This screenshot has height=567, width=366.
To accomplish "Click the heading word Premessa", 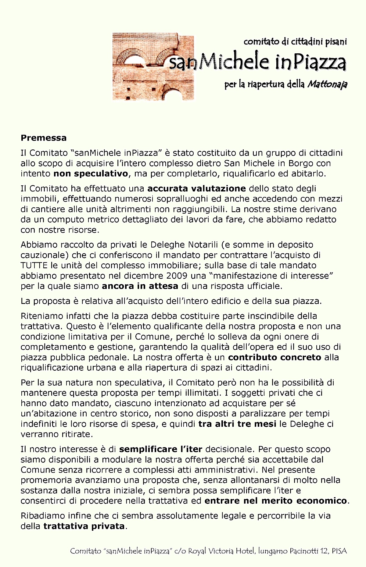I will click(44, 138).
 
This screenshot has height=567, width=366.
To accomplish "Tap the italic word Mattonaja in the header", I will click(327, 84).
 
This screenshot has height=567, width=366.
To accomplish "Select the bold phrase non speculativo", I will click(91, 174).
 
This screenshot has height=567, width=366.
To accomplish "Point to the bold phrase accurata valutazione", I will click(196, 189).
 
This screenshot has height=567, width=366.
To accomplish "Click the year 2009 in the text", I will click(177, 276).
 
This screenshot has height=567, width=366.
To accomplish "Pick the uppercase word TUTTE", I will click(34, 266).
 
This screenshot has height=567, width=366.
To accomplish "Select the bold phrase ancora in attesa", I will click(140, 286).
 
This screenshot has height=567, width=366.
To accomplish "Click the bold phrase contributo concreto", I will click(274, 357).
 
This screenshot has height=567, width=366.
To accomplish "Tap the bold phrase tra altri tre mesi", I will click(237, 424).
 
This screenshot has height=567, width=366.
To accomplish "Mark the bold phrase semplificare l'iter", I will click(161, 449).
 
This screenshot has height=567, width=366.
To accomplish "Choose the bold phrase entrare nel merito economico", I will click(276, 501).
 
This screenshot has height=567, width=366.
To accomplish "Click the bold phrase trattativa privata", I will click(84, 526).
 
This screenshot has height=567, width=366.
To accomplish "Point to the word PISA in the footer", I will click(339, 551).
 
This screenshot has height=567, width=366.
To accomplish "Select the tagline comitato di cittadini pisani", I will click(295, 41).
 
